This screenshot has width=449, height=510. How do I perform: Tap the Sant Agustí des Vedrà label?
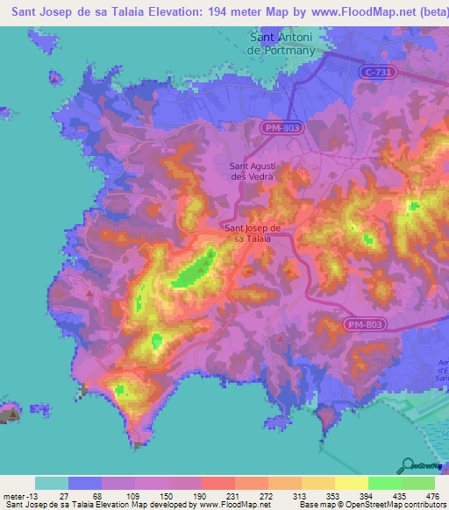tap(253, 170)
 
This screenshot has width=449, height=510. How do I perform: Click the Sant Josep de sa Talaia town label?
tap(246, 232)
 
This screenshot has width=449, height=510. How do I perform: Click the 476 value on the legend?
tap(431, 495)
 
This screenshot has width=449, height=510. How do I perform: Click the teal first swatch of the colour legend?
tap(51, 483)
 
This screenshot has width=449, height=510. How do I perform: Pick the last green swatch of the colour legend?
tap(417, 483)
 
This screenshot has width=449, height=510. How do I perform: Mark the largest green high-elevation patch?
tap(194, 270)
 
